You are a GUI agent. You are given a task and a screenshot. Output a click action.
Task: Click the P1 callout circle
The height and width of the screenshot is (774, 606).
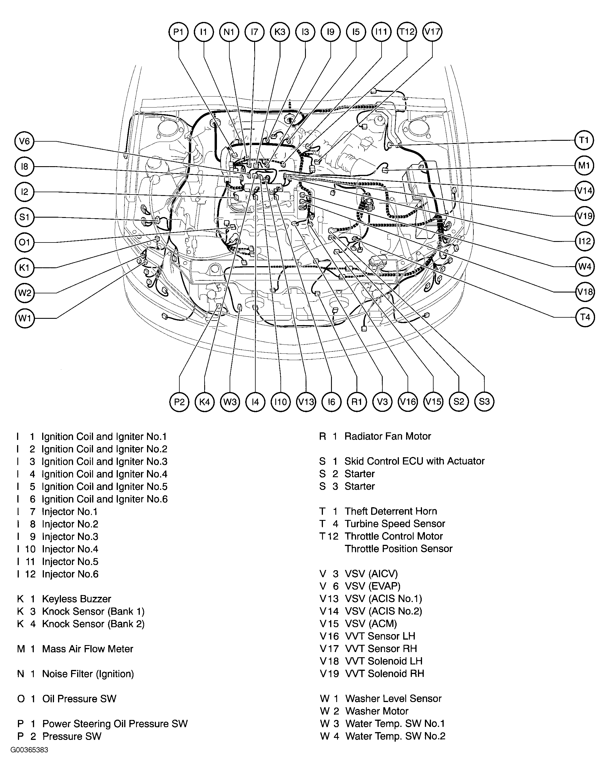click(179, 32)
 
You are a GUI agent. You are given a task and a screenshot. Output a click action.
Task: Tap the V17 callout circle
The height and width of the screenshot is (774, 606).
click(432, 32)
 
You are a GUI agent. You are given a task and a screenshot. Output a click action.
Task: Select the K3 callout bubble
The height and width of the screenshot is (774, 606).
click(280, 32)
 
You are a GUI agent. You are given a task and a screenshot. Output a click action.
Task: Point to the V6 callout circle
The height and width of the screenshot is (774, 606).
click(25, 141)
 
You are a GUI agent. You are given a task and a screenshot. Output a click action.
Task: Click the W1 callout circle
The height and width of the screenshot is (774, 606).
click(25, 318)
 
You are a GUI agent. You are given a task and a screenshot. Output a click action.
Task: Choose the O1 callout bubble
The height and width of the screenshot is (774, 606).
click(25, 242)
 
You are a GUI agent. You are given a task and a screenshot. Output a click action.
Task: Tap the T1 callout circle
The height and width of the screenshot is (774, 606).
click(584, 140)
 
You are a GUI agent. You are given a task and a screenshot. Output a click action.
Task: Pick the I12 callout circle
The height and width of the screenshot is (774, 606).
click(584, 241)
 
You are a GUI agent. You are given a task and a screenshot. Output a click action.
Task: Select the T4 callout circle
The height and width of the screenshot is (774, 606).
click(584, 317)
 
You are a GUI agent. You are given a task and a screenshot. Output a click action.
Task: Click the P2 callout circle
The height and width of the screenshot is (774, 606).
click(180, 402)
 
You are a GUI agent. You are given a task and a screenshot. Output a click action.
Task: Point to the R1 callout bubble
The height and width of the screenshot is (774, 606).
click(356, 402)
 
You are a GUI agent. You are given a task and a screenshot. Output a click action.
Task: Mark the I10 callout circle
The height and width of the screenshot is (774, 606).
click(280, 402)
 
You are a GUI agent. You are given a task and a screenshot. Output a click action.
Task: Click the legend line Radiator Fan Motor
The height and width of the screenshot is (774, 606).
click(375, 436)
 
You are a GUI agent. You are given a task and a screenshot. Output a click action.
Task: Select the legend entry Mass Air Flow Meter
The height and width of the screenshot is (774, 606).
click(75, 649)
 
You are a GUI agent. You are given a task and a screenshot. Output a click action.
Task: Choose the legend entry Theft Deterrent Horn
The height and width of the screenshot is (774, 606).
click(378, 511)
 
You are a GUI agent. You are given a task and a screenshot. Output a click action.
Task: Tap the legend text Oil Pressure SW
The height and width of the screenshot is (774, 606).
click(67, 699)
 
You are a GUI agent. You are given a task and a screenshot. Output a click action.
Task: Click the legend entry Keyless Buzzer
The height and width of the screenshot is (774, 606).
click(64, 599)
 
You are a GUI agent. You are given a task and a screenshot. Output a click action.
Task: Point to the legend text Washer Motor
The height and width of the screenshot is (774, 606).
click(364, 711)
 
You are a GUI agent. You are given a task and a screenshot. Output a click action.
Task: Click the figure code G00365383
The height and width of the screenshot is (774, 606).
click(29, 750)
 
